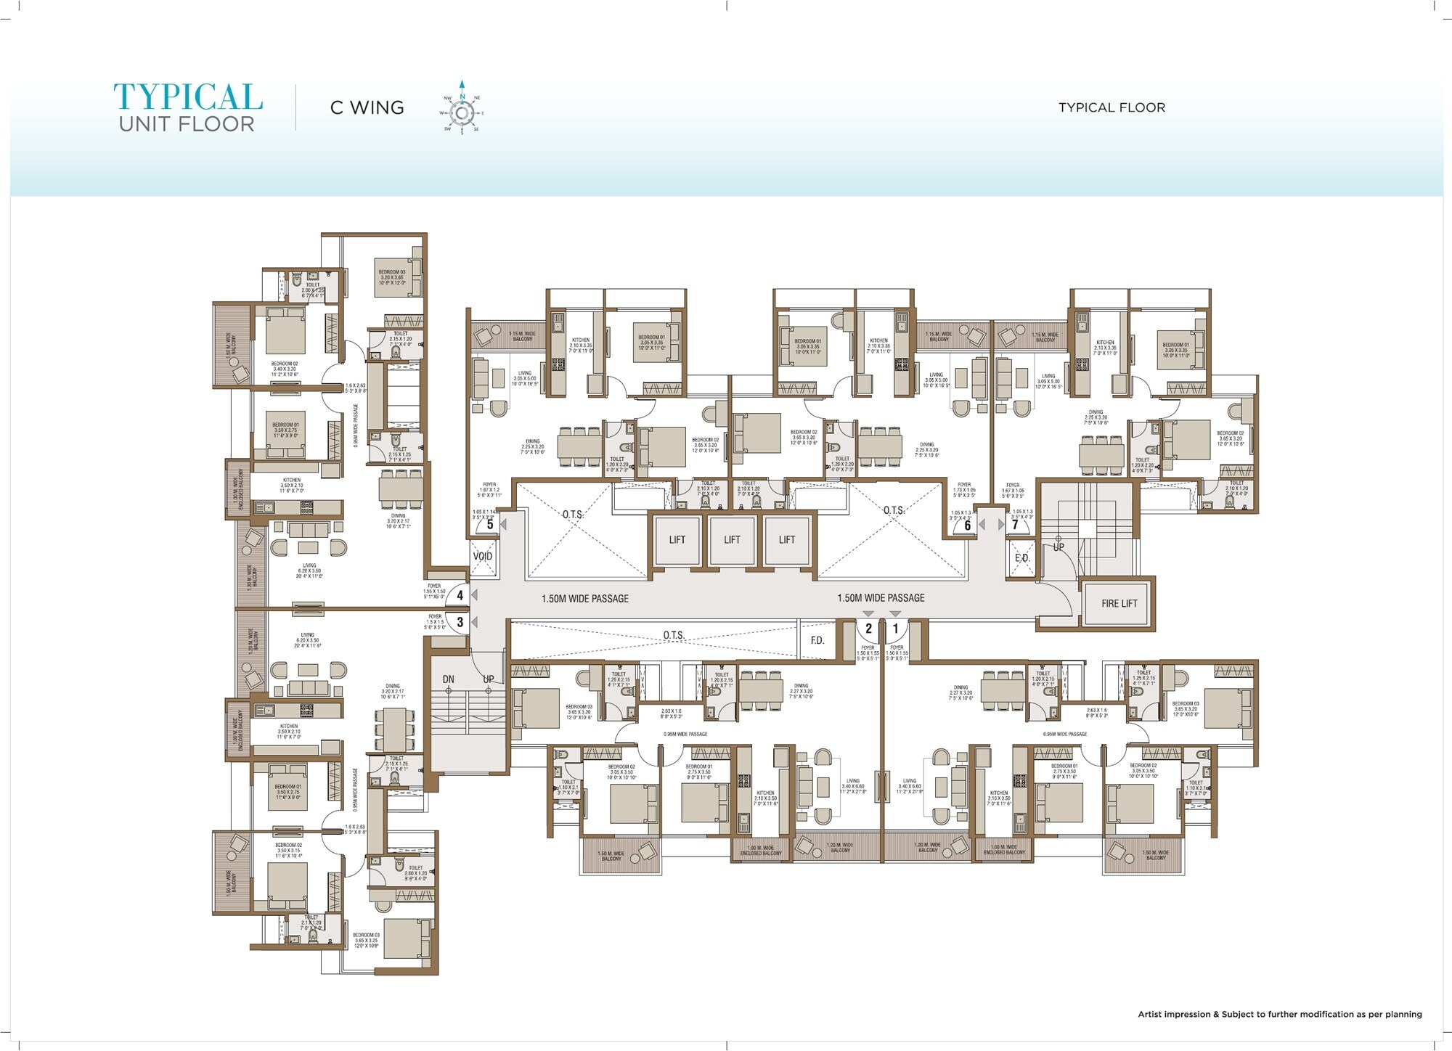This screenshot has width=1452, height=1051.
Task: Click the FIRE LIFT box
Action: (x=1119, y=603)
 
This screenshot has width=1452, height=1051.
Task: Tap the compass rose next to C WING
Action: (x=462, y=113)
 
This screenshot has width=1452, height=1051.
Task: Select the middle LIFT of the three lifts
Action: (x=732, y=539)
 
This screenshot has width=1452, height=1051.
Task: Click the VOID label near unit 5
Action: (x=483, y=557)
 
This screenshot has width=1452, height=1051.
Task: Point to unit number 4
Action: (x=460, y=596)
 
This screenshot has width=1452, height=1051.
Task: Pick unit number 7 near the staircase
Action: (x=1015, y=525)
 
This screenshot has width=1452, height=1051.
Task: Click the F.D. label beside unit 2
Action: (x=817, y=640)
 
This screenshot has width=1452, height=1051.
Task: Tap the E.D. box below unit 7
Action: (x=1022, y=558)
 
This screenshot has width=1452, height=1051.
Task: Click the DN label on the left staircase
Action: (x=449, y=679)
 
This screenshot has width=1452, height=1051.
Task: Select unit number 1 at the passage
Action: (x=895, y=629)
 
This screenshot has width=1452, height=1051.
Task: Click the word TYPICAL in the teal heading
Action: (x=188, y=98)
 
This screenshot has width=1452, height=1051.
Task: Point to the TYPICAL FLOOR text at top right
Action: (x=1112, y=107)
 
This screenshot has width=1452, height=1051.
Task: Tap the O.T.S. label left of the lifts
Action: (x=573, y=515)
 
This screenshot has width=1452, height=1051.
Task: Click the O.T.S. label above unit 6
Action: (x=894, y=511)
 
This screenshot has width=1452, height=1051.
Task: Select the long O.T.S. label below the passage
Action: (x=674, y=635)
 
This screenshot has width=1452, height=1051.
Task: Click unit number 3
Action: (x=460, y=623)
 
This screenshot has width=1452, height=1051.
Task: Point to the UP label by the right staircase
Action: (x=1059, y=547)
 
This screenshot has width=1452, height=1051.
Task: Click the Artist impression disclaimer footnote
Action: (x=1279, y=1014)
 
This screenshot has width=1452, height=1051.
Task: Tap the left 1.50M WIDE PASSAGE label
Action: (x=585, y=599)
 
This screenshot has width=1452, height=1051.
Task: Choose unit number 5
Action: (x=490, y=524)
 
